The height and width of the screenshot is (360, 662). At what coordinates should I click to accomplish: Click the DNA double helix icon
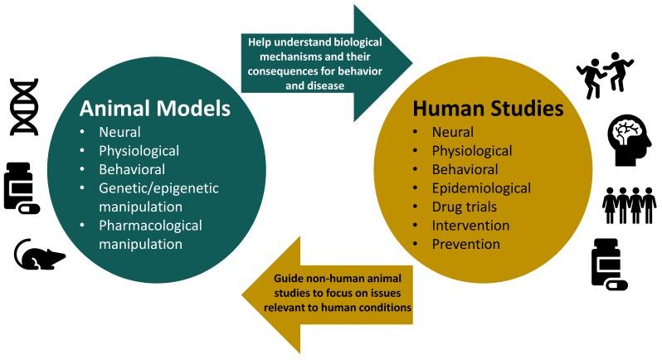(25, 107)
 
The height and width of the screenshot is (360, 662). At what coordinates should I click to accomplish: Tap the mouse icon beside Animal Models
(40, 254)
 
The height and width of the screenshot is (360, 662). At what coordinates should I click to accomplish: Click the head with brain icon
(630, 140)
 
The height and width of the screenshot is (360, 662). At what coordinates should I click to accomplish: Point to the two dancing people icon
(605, 75)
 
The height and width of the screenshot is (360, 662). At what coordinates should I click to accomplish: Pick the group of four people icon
(629, 205)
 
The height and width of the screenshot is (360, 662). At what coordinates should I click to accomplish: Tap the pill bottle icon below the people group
(610, 265)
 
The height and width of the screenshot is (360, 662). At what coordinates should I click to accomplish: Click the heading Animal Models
(155, 109)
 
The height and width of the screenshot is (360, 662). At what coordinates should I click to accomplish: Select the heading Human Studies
(488, 109)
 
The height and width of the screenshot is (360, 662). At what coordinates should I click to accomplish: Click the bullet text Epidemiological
(481, 188)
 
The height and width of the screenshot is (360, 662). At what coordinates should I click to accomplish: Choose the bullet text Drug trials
(464, 207)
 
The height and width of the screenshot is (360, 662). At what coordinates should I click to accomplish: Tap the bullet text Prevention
(465, 244)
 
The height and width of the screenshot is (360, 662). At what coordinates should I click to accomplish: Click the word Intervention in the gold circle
(470, 226)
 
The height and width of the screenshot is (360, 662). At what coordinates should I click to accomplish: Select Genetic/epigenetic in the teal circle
(158, 188)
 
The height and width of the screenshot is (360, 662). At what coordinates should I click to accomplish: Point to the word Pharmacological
(150, 226)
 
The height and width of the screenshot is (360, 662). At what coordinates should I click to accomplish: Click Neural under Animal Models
(119, 132)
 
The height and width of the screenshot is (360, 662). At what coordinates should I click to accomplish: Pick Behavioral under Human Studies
(465, 170)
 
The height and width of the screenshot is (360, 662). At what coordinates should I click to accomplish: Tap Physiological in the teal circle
(139, 151)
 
